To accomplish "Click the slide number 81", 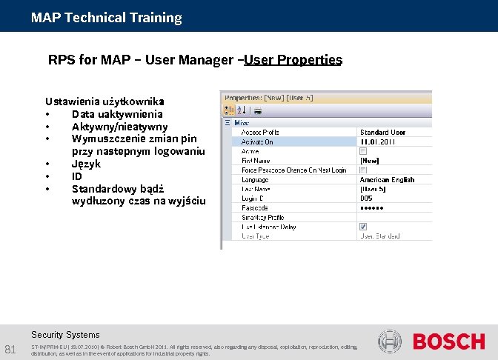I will pos(10,349).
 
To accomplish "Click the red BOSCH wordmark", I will pos(448,342).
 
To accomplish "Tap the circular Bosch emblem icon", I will pos(390,342).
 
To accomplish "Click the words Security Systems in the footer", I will pos(65,335).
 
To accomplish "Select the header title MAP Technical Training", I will pos(106,17).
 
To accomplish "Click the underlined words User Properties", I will pos(293,60).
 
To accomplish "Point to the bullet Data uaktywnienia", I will pos(117,114).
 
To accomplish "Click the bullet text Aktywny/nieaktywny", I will pos(119,127).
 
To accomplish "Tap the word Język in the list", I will pos(86,164).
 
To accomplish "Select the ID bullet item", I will pos(77,176).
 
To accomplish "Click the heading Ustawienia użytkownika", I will pos(104,101).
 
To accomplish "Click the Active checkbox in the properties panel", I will pos(364,151).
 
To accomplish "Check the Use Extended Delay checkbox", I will pos(364,227).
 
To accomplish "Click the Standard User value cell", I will pos(382,132).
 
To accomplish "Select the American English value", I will pos(387,179).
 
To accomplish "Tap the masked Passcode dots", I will pos(372,208).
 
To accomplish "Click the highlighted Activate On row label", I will pos(257,141).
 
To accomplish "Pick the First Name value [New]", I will pos(369,161).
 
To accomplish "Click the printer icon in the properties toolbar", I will pos(258,111).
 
